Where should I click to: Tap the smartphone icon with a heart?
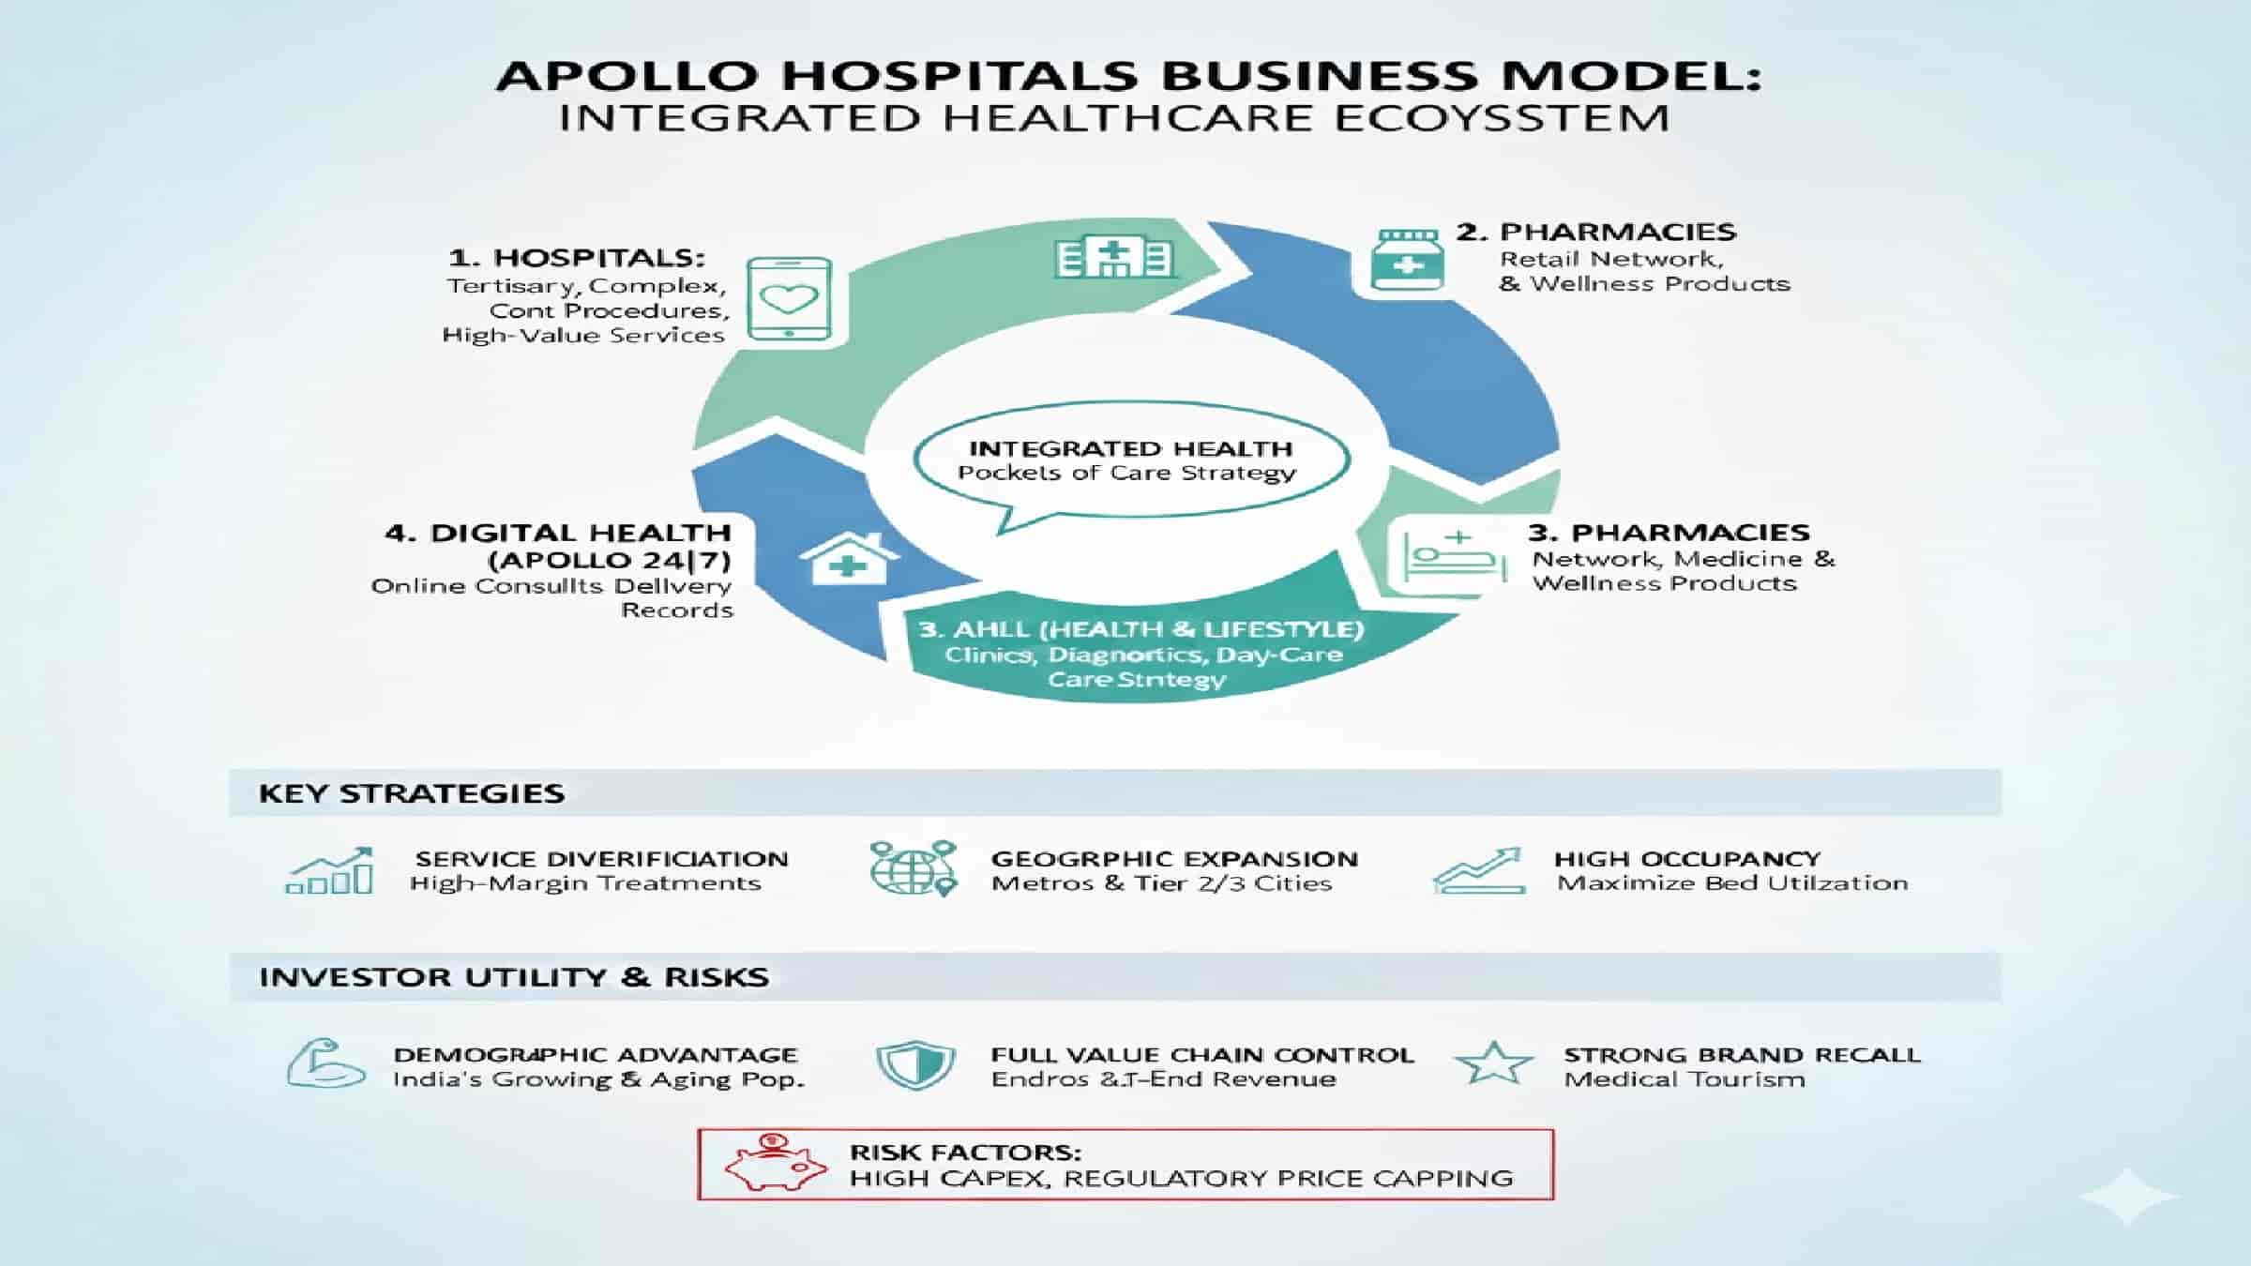coord(790,299)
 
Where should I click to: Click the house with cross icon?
coord(848,559)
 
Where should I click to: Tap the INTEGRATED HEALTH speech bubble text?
coord(1130,449)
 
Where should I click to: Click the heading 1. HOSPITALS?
coord(577,258)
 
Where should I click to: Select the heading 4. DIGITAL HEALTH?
coord(558,533)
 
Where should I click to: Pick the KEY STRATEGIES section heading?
coord(412,793)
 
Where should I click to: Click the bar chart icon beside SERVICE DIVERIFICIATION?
coord(330,872)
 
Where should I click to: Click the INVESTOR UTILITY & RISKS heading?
coord(514,977)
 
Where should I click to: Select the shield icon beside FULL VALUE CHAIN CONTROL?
coord(914,1065)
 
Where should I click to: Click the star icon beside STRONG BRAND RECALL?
coord(1493,1063)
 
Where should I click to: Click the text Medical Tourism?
coord(1684,1079)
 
